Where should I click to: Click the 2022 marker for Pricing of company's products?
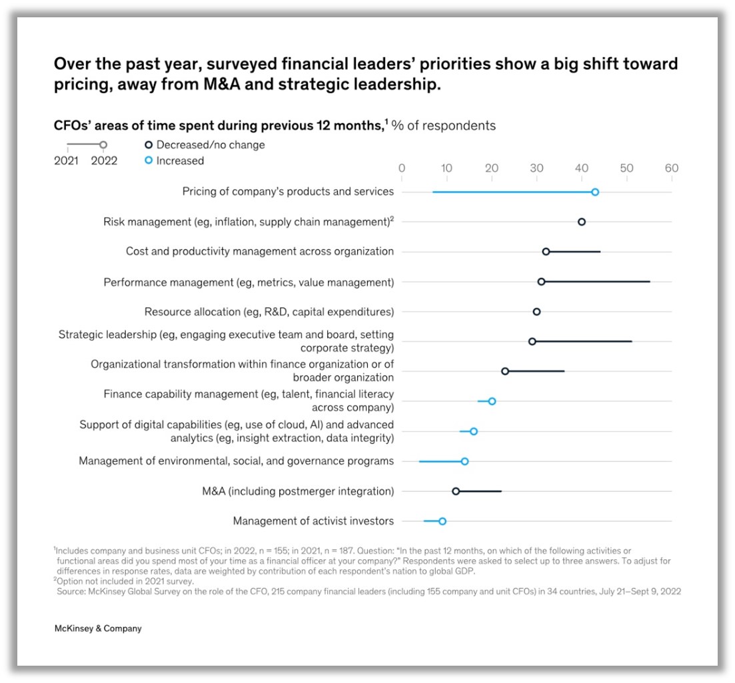[595, 192]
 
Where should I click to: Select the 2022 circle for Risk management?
[582, 222]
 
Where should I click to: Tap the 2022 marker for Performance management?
[541, 282]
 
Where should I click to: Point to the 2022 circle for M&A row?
[456, 491]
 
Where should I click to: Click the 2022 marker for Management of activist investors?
[442, 521]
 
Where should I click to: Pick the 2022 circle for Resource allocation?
[536, 312]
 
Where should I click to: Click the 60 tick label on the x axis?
[672, 168]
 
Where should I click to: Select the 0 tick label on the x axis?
[401, 168]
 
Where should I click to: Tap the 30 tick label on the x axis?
[536, 168]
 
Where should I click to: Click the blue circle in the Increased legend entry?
[149, 160]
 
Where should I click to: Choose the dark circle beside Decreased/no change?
[149, 144]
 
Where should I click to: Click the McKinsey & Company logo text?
[98, 628]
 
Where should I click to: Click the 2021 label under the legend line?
[67, 160]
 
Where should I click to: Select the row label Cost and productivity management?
[260, 251]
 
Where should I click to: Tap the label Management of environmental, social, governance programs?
[236, 461]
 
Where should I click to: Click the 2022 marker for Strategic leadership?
[532, 341]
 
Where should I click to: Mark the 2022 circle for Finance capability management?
[492, 401]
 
